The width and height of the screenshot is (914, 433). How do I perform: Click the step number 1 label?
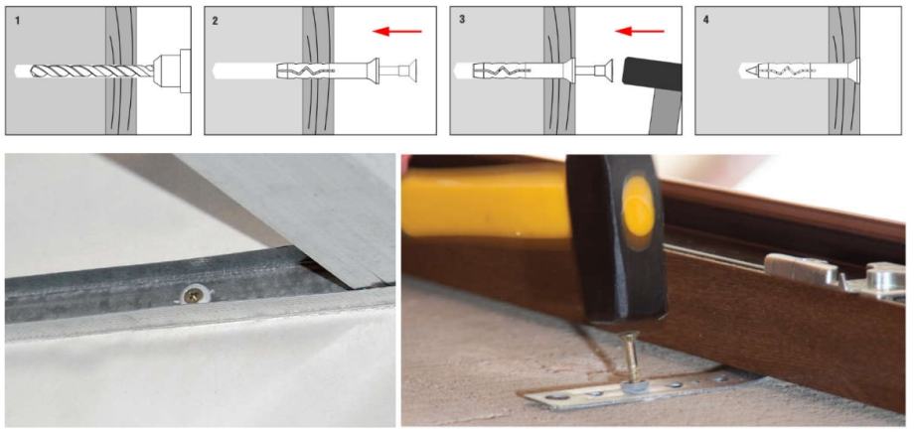17,21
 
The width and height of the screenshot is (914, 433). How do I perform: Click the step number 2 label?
216,21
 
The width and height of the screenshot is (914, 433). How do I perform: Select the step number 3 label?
462,20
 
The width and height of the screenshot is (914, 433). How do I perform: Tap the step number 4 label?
706,20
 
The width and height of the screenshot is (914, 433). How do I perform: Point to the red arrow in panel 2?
397,31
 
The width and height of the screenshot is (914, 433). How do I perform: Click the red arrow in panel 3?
640,31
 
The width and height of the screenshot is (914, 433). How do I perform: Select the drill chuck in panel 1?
172,72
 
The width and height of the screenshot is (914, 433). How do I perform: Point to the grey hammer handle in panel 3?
665,112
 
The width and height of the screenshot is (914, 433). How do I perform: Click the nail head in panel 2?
413,72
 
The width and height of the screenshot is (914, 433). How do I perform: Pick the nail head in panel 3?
607,72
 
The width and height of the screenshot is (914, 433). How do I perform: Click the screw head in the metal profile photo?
191,295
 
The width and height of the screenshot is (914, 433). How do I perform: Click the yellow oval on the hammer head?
638,206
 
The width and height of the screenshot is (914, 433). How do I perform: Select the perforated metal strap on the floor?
636,389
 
